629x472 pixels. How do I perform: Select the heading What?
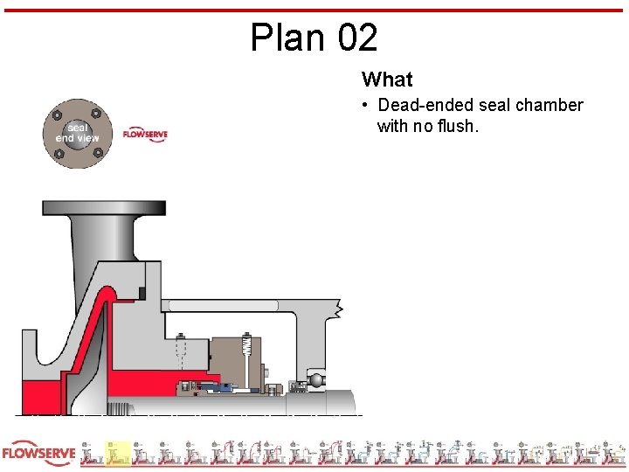(x=387, y=80)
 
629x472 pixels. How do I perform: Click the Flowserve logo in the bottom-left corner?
(x=38, y=454)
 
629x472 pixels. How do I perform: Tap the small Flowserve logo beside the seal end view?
(x=145, y=135)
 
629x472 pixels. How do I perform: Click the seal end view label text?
(x=77, y=133)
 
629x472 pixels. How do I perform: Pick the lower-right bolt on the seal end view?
(x=96, y=153)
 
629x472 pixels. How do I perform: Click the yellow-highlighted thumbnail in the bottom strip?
(x=118, y=454)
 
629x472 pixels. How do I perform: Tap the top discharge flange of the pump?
(x=104, y=208)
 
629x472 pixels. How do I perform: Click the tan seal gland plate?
(x=234, y=357)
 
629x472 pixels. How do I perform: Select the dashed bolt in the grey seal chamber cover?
(x=181, y=353)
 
